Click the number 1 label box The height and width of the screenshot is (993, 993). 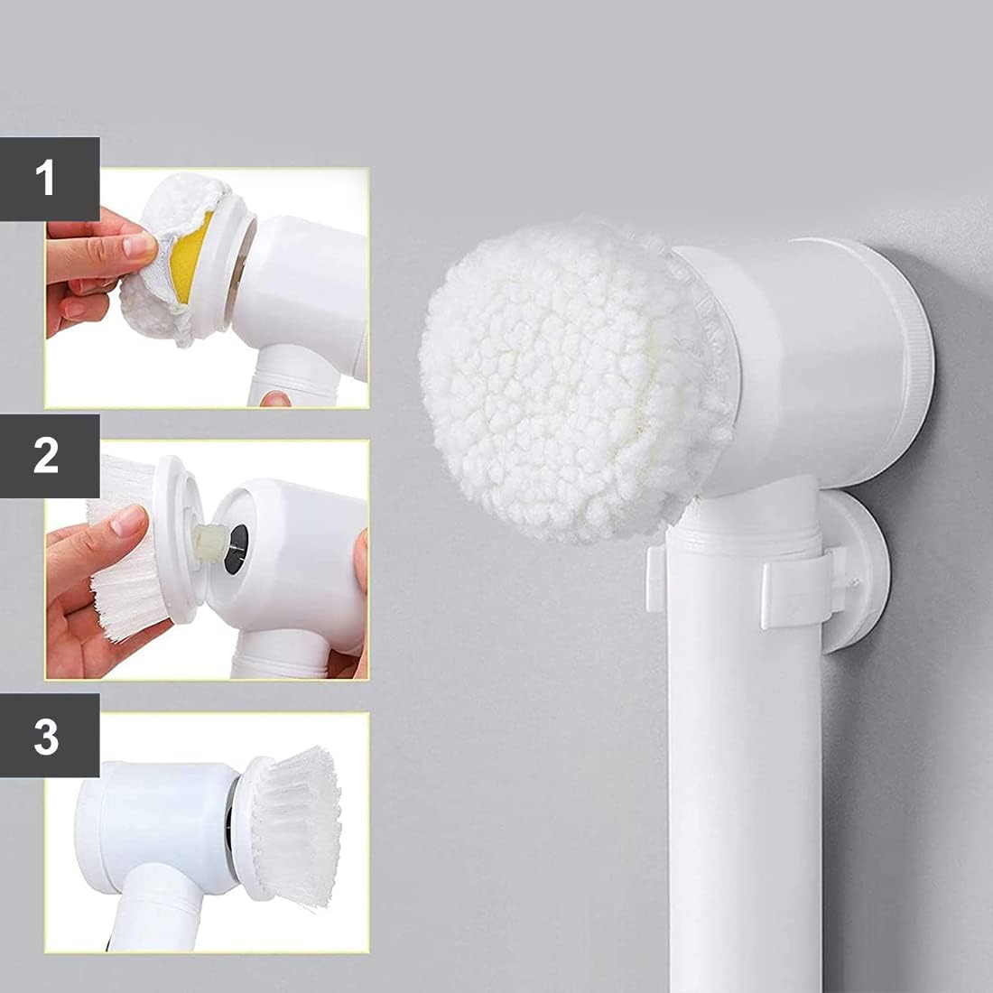click(x=50, y=179)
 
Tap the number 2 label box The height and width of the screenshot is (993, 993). click(x=50, y=456)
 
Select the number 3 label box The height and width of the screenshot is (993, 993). click(x=50, y=735)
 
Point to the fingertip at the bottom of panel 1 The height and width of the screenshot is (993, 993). click(x=275, y=399)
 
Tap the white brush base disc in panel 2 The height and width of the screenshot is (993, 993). click(x=178, y=538)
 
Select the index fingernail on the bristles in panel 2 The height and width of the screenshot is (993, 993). click(x=129, y=521)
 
